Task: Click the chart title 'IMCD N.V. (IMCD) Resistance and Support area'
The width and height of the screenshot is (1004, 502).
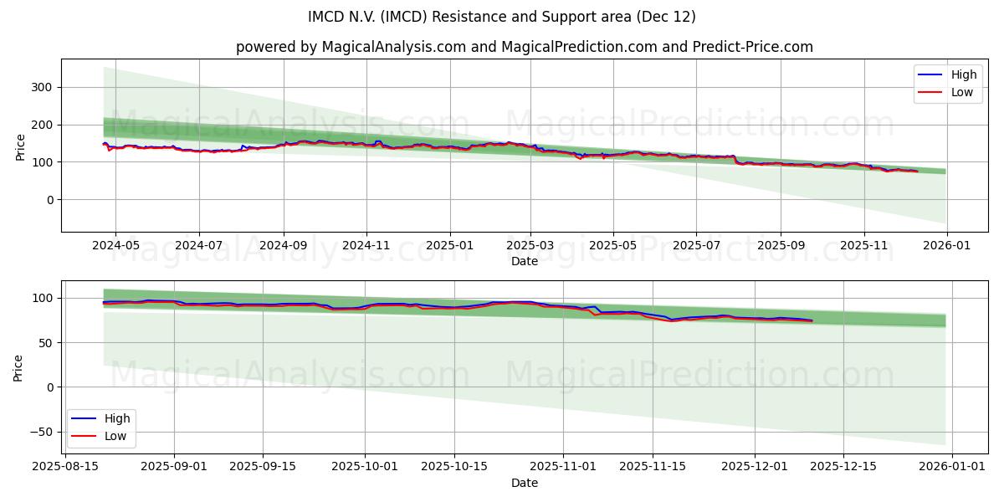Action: pos(502,17)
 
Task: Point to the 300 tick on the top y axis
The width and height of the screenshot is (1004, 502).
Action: pos(43,87)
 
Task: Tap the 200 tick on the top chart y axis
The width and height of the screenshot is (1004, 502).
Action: pos(43,125)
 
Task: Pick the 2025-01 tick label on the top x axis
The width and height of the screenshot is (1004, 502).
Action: pos(449,245)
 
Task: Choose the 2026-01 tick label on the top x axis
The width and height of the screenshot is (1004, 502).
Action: pos(946,245)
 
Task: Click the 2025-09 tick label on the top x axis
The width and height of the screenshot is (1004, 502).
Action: pos(780,245)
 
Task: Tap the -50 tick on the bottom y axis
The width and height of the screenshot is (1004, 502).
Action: pos(40,432)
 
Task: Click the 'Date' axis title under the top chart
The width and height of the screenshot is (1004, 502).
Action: pos(525,261)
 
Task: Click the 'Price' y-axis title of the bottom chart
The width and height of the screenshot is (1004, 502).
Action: pos(18,367)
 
